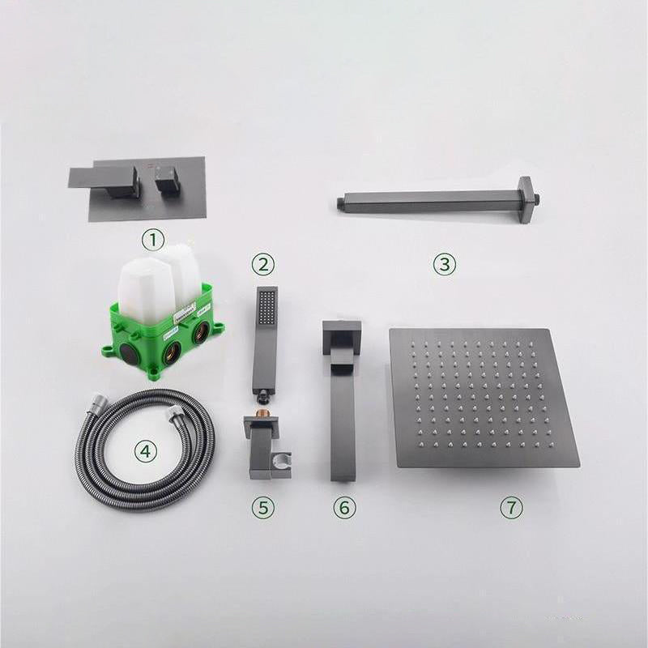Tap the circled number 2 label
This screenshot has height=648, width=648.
pos(263,263)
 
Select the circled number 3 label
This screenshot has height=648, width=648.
pos(444,263)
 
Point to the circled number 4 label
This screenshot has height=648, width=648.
pos(147,450)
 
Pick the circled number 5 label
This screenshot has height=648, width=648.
pos(262,507)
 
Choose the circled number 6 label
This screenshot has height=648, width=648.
pos(344,507)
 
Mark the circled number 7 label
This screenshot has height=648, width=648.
pos(510,507)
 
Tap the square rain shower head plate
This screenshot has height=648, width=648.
pos(484,397)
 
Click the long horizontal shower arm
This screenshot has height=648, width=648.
pos(429,197)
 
